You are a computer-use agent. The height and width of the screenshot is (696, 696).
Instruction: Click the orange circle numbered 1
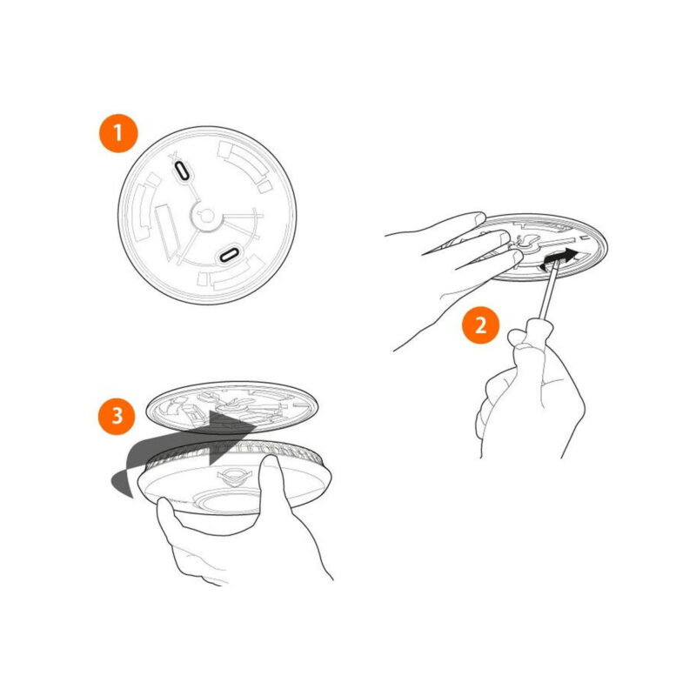pos(118,133)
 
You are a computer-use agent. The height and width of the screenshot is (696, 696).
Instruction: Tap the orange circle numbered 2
pos(481,325)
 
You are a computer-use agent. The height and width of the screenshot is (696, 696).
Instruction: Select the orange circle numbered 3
pos(117,416)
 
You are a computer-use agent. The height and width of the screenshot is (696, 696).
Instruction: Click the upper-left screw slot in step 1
pos(183,171)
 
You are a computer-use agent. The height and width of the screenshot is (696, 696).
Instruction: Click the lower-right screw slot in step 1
pos(230,255)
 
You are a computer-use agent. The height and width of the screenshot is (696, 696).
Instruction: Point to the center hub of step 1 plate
pos(206,217)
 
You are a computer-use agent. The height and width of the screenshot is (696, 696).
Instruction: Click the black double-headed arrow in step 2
pos(560,259)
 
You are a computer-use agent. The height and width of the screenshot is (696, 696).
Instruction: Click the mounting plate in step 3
pos(231,408)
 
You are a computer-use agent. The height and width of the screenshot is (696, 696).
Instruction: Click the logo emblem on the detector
pos(234,475)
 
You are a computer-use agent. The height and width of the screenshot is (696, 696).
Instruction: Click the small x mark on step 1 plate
pos(173,156)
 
